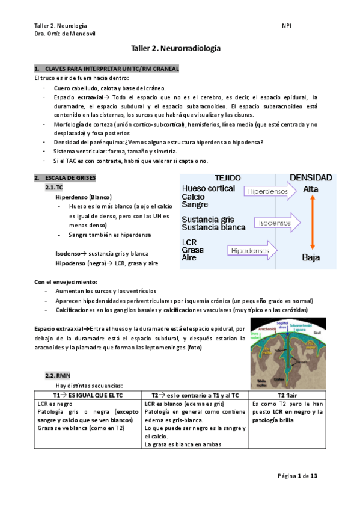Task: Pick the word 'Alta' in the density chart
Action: pos(311,189)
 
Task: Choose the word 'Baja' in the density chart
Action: pos(311,258)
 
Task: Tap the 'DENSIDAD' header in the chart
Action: pos(311,178)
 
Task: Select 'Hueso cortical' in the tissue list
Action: pos(209,188)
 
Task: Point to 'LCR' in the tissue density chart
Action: pos(191,242)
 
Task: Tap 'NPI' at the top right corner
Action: pos(286,26)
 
